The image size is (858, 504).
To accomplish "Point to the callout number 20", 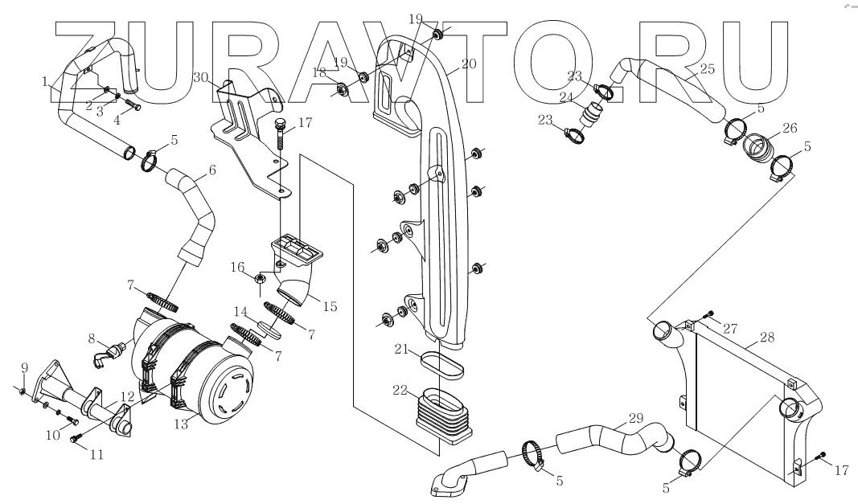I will pyautogui.click(x=468, y=64).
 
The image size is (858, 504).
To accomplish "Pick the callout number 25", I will pyautogui.click(x=707, y=70).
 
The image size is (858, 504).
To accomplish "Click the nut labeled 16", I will pyautogui.click(x=261, y=279).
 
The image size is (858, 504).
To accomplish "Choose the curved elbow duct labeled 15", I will pyautogui.click(x=297, y=284).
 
